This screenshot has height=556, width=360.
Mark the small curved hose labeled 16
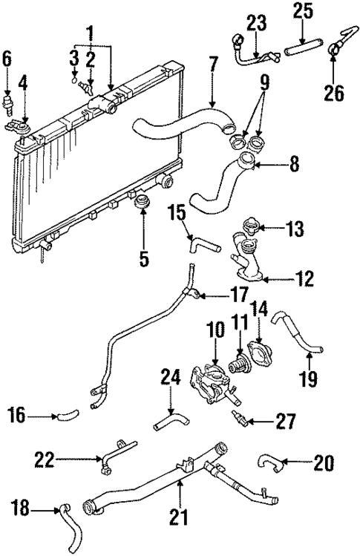66,417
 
